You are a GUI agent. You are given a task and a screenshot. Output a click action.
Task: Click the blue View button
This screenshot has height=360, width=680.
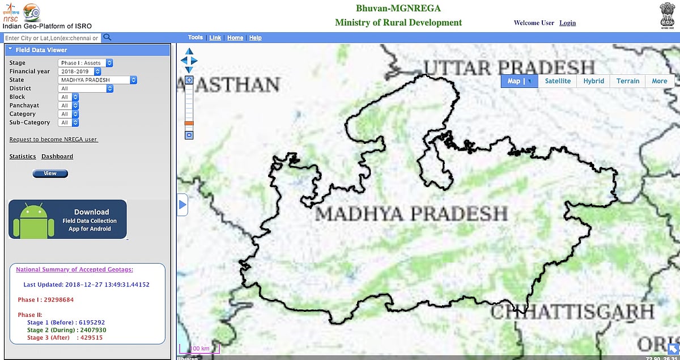(50, 173)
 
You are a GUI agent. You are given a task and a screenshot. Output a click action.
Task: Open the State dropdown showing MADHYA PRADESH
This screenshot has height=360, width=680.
(97, 80)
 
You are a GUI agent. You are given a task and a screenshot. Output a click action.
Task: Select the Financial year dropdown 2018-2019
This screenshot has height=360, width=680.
(79, 71)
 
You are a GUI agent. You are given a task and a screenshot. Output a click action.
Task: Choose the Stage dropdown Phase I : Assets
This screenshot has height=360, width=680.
(86, 63)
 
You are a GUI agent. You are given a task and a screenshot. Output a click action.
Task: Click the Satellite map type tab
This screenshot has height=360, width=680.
(558, 81)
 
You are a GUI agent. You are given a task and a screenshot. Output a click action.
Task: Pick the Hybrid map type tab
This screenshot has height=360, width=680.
(593, 81)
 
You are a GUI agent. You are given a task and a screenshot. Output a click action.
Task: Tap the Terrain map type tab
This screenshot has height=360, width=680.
(628, 81)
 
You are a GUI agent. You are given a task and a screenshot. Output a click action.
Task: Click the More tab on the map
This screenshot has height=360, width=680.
(660, 81)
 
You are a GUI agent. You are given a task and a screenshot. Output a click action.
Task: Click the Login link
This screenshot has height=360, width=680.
(567, 23)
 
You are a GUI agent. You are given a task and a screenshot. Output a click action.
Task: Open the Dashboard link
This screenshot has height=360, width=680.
(57, 156)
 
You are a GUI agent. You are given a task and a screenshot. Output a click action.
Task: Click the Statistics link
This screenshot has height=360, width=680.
(23, 156)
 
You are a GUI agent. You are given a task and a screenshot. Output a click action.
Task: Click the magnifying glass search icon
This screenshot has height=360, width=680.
(107, 38)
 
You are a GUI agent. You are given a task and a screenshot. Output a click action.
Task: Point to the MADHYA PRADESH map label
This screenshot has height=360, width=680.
(411, 214)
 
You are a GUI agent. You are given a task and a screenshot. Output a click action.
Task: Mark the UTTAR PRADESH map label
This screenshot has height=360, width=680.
(508, 67)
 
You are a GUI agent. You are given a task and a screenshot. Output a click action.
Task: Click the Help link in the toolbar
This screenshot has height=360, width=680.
(256, 38)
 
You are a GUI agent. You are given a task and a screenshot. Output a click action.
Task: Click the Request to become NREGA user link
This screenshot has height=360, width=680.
(54, 139)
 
